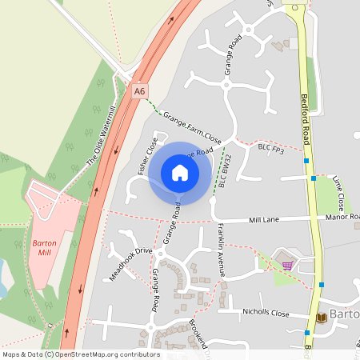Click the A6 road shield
pyautogui.click(x=141, y=91)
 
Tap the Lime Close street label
pyautogui.click(x=339, y=192)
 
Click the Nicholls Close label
pyautogui.click(x=265, y=314)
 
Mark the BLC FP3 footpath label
pyautogui.click(x=271, y=148)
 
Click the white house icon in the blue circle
pyautogui.click(x=180, y=172)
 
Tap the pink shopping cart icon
pyautogui.click(x=286, y=265)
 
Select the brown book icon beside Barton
pyautogui.click(x=322, y=317)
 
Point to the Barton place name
pyautogui.click(x=345, y=316)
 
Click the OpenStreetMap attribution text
pyautogui.click(x=80, y=354)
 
